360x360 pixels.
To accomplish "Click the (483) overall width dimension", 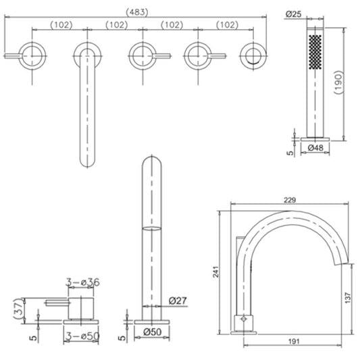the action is pyautogui.click(x=137, y=12).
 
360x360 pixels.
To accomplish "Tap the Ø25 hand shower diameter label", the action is pyautogui.click(x=293, y=14).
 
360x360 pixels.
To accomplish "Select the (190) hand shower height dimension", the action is pyautogui.click(x=338, y=82).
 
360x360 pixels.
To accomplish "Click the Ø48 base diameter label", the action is pyautogui.click(x=315, y=148).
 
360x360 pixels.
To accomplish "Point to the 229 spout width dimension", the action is pyautogui.click(x=290, y=200).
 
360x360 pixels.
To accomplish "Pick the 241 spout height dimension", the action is pyautogui.click(x=216, y=272).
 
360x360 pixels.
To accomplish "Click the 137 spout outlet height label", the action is pyautogui.click(x=348, y=298).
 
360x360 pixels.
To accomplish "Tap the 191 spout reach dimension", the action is pyautogui.click(x=294, y=341).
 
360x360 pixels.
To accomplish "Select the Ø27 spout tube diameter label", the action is pyautogui.click(x=178, y=301).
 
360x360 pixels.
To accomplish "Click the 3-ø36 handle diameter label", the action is pyautogui.click(x=83, y=282).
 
